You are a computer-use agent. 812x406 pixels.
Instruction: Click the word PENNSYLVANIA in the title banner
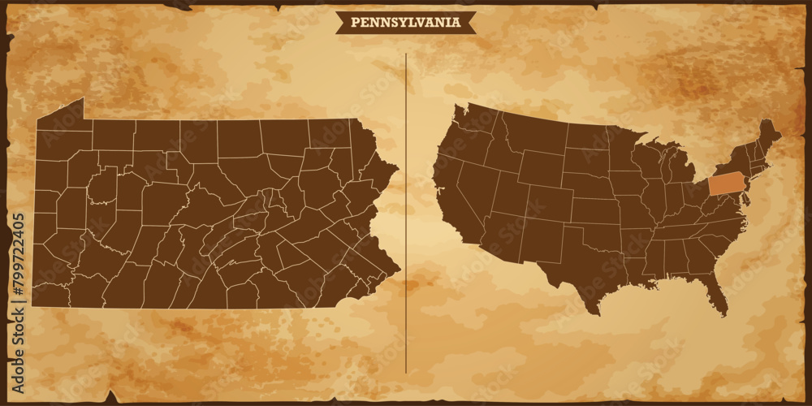click(405, 23)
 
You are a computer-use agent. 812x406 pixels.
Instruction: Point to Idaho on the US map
click(499, 150)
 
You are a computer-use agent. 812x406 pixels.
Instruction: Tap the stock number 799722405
click(19, 269)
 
